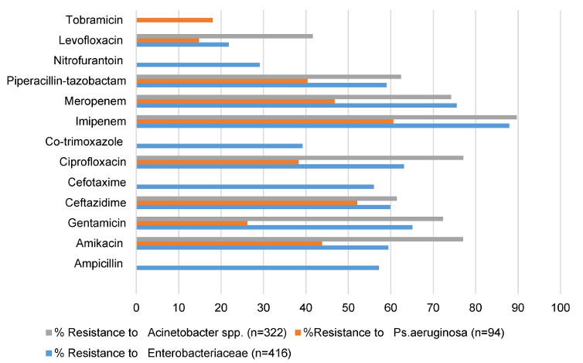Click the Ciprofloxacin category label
tap(91, 161)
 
